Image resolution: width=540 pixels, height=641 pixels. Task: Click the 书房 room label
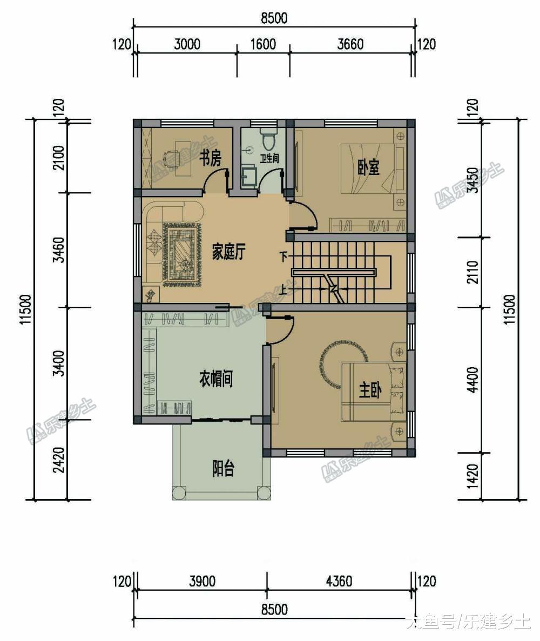coord(210,158)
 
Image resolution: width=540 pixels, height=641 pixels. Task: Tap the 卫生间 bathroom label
coord(269,158)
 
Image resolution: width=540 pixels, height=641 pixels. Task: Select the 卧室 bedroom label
coord(368,167)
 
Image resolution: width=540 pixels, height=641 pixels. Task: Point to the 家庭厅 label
coord(228,252)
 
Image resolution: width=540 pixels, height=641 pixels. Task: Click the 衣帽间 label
coord(216,379)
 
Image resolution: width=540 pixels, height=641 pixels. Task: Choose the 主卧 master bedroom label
coord(370,389)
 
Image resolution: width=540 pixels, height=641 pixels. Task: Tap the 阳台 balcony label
coord(223,469)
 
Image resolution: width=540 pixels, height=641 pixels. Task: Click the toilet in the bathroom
coord(268,139)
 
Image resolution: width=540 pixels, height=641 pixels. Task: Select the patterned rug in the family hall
coord(183,254)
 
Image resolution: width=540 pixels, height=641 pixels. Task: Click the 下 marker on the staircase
coord(283,257)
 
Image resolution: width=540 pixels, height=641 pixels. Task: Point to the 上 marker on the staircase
coord(283,290)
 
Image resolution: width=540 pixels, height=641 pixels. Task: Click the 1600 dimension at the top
coord(263,44)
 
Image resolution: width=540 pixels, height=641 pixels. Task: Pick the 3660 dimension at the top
coord(350,44)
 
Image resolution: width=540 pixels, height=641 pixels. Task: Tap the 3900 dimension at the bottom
coord(202,581)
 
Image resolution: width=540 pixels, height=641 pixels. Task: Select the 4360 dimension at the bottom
coord(339,581)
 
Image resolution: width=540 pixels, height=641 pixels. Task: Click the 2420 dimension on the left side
coord(59,460)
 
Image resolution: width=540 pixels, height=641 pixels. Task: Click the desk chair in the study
coord(167,157)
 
